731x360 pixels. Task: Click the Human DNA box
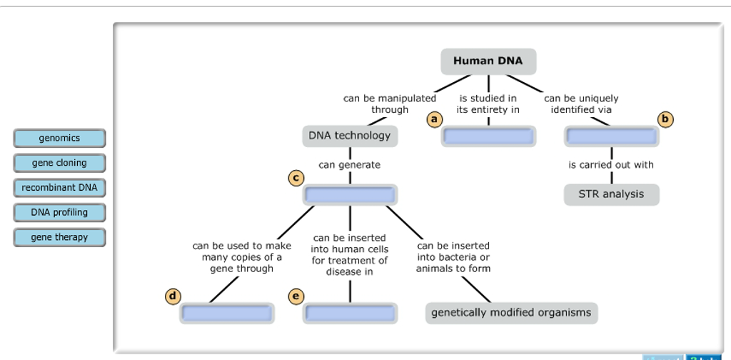488,61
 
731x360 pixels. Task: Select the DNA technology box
349,136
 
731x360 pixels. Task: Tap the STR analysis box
611,194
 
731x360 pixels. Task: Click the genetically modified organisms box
511,313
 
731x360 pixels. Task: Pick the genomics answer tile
59,138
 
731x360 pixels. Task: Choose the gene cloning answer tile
59,163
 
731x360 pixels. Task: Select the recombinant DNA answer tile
59,188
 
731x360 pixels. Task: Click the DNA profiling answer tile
59,212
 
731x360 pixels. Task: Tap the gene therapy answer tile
59,237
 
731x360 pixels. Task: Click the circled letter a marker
433,119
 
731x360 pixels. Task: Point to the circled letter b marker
666,119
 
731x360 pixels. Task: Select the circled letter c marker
296,178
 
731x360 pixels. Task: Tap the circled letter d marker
172,296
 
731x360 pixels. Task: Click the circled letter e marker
296,296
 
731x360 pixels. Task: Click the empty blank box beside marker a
488,136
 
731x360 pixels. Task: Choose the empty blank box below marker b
611,136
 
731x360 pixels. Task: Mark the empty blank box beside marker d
227,313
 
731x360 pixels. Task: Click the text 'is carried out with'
611,165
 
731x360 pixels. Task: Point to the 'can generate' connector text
349,165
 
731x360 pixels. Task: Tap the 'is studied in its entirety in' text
488,104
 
